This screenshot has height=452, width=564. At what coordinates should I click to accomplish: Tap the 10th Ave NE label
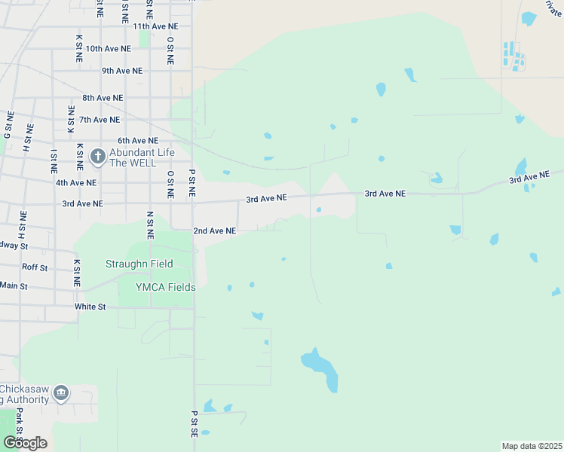click(x=108, y=49)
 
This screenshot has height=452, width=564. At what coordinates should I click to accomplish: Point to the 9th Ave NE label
click(x=122, y=71)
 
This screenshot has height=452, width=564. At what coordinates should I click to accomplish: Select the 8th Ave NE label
click(x=103, y=98)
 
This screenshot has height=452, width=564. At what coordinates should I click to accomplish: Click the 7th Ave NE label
click(x=100, y=120)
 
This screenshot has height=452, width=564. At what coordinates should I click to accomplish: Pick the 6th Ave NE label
click(x=138, y=141)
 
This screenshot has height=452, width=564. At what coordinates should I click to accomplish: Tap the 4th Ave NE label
click(x=76, y=182)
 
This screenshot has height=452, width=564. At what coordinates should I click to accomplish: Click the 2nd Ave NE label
click(x=215, y=231)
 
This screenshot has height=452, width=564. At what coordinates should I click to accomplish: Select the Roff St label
click(x=35, y=267)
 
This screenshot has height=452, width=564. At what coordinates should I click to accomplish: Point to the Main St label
click(x=13, y=286)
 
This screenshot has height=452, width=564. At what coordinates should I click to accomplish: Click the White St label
click(x=90, y=307)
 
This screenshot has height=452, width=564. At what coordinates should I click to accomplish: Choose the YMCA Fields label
click(x=165, y=287)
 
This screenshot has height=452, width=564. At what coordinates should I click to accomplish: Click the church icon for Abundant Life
click(x=97, y=157)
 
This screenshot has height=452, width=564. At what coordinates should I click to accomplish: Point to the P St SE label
click(x=194, y=424)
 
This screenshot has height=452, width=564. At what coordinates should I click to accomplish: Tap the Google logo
click(x=25, y=442)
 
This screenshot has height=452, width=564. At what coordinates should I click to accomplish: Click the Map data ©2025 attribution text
click(x=532, y=446)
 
